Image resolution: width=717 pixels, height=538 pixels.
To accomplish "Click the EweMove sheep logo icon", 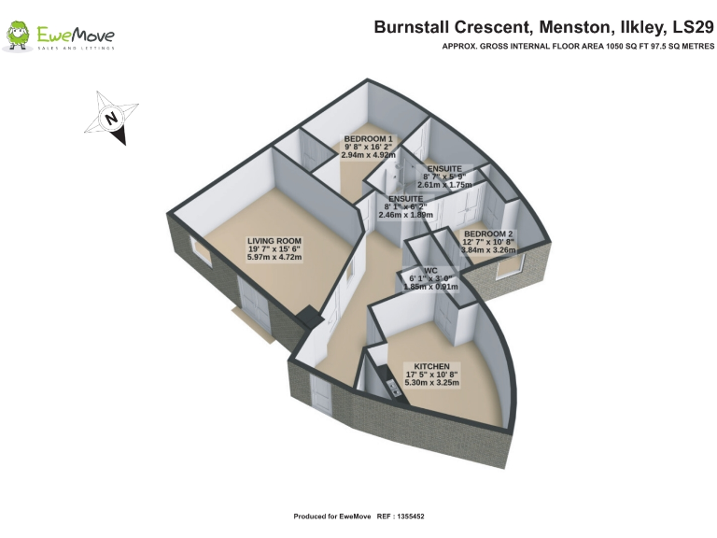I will [18, 36].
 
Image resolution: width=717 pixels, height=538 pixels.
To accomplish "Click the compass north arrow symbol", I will [111, 119].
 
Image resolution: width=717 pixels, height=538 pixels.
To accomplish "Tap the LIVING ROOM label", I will [274, 241].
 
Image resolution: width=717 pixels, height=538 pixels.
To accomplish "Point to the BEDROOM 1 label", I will [369, 139].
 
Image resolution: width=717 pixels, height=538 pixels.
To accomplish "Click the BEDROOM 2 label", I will [488, 234].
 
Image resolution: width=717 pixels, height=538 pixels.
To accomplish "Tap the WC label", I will [430, 270].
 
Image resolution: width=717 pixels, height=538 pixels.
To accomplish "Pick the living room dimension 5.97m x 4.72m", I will [274, 258].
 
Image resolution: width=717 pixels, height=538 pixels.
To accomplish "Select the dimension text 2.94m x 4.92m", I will [369, 156].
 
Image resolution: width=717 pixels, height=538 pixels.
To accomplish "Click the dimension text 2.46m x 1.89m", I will [406, 215].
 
